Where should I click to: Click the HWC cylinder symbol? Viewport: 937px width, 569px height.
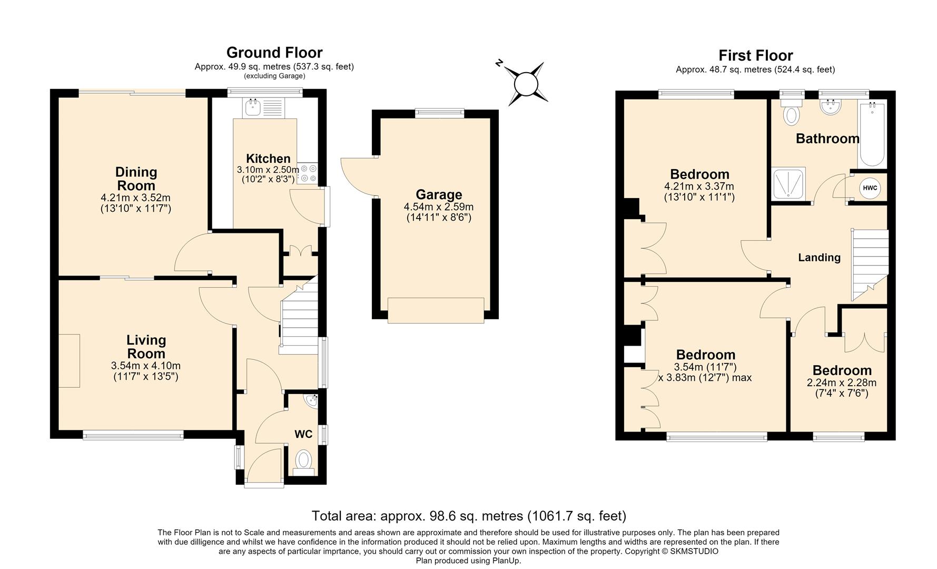coord(870,188)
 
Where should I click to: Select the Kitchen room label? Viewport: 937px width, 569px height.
coord(268,159)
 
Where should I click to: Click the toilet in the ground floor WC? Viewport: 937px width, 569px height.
coord(303,462)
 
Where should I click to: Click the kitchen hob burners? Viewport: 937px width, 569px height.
coord(307,174)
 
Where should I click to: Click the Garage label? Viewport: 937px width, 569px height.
coord(439,194)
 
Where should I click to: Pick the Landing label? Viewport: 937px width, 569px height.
coord(819,258)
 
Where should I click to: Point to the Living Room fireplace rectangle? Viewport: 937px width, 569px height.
coord(69,361)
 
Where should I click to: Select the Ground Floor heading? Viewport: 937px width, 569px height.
coord(274,53)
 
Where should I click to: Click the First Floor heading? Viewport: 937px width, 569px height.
coord(756,55)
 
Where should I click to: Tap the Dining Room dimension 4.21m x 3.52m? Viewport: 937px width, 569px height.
coord(136,198)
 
